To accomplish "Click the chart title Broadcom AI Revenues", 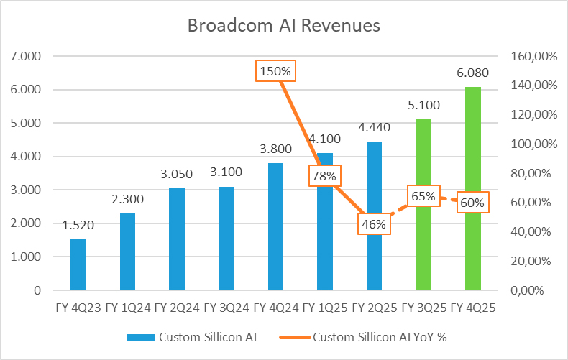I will tap(283, 26).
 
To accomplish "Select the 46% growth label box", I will tap(374, 224).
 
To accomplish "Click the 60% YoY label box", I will tap(472, 203).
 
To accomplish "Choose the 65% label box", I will tap(423, 195).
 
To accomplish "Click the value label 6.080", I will tap(472, 74).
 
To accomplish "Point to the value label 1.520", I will tap(78, 226).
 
